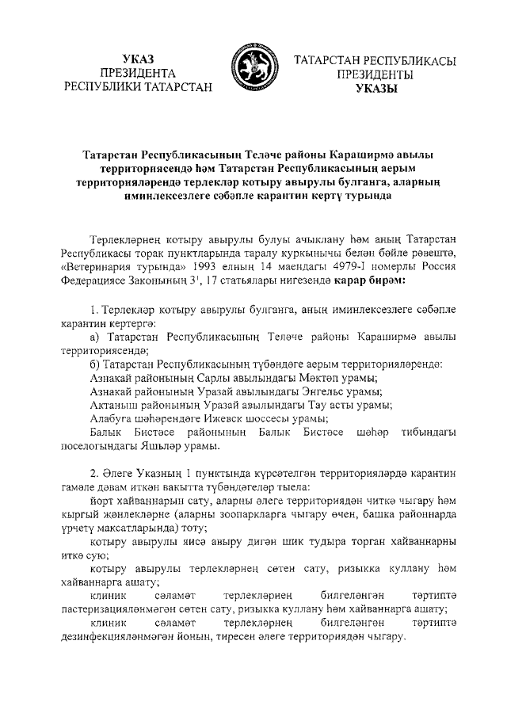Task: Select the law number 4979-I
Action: click(x=338, y=266)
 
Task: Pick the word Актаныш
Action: click(x=116, y=405)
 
